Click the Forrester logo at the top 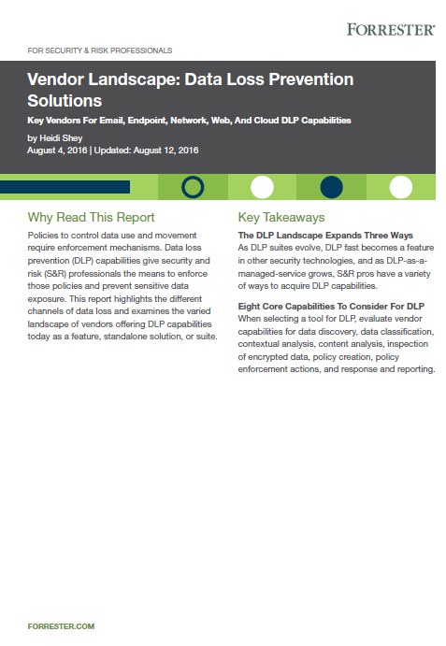click(x=390, y=29)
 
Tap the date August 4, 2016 click(x=57, y=150)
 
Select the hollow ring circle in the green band click(x=193, y=187)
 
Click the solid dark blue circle click(x=331, y=187)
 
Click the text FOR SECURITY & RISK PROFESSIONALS click(x=100, y=50)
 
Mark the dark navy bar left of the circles click(x=77, y=187)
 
